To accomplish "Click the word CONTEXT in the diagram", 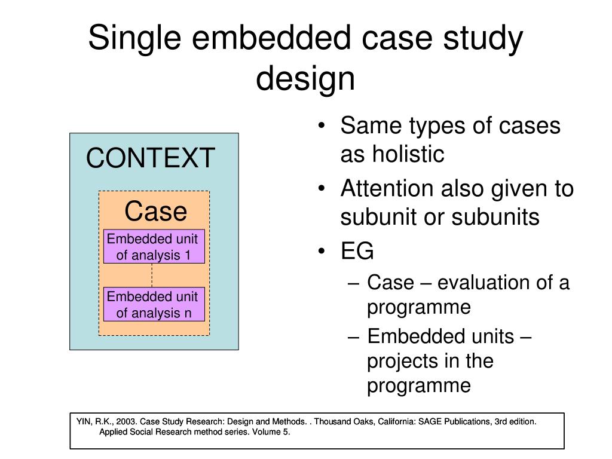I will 150,158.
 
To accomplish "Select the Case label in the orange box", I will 155,212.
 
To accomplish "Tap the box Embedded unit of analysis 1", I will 154,247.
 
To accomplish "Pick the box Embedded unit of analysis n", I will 154,305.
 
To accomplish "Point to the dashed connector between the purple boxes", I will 152,276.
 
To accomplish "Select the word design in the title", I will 305,79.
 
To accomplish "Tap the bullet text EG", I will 357,252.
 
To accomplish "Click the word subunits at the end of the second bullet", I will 495,217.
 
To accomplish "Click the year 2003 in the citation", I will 126,421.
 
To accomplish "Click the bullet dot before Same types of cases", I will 323,127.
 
